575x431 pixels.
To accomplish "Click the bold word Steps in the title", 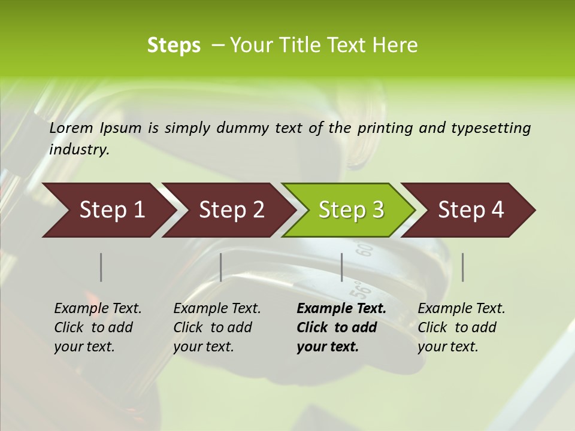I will point(174,45).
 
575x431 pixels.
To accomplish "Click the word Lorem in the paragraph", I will point(71,128).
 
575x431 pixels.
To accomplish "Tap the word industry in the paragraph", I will point(79,150).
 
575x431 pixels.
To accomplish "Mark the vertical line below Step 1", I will point(101,267).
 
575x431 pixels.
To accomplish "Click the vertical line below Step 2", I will point(221,267).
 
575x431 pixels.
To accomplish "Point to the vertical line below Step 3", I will point(341,267).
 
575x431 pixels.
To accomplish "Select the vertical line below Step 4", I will point(462,267).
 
